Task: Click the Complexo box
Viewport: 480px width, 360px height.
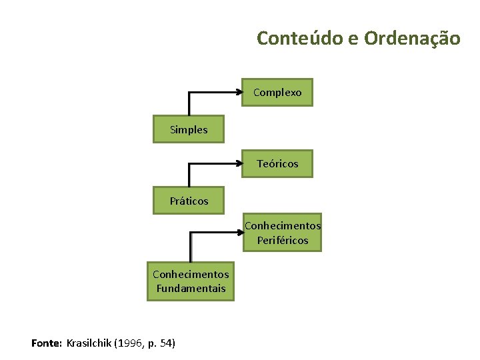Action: pyautogui.click(x=277, y=93)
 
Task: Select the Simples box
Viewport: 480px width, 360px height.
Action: pyautogui.click(x=189, y=129)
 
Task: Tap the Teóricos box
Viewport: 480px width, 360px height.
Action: pyautogui.click(x=277, y=163)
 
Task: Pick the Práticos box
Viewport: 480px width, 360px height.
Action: pyautogui.click(x=189, y=200)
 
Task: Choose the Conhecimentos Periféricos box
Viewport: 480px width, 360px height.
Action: pyautogui.click(x=282, y=233)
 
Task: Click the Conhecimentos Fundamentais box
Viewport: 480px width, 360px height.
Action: pyautogui.click(x=191, y=281)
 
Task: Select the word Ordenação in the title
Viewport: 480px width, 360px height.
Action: pyautogui.click(x=412, y=38)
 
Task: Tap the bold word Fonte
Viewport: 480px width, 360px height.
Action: pyautogui.click(x=46, y=343)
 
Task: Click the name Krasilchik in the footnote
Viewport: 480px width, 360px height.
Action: pyautogui.click(x=89, y=343)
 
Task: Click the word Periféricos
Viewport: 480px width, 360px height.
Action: pyautogui.click(x=283, y=240)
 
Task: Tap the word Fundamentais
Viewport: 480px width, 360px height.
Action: pyautogui.click(x=191, y=289)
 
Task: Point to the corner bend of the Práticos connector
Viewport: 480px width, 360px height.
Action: pyautogui.click(x=189, y=164)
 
